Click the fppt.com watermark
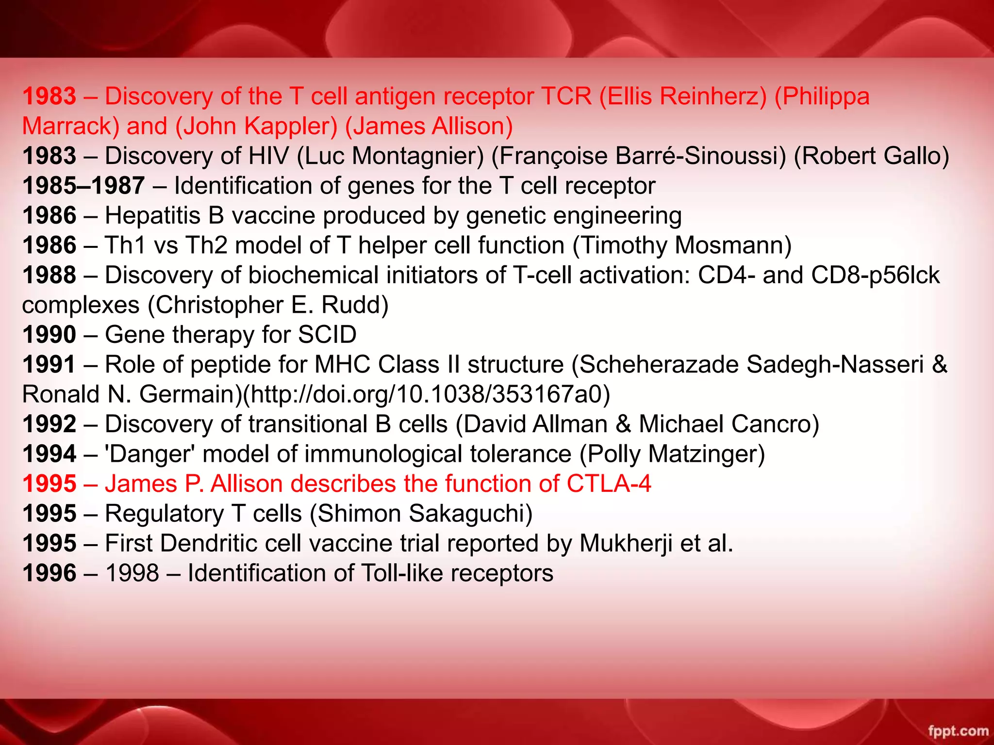(958, 730)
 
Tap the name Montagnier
(417, 156)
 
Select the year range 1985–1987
(83, 186)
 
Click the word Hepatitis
(152, 215)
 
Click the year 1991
(50, 365)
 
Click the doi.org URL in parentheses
(426, 394)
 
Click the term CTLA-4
(609, 484)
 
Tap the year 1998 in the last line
(132, 573)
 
